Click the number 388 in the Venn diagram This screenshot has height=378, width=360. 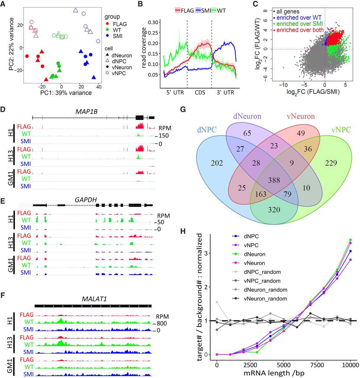[x=274, y=180]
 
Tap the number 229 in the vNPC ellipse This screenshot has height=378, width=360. [x=331, y=163]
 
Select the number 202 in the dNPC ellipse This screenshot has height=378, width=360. [x=217, y=163]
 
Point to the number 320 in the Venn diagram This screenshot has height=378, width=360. [x=274, y=210]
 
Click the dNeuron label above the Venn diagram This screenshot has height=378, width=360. [x=247, y=116]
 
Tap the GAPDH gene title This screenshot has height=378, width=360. [x=86, y=200]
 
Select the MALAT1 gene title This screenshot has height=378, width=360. [x=94, y=299]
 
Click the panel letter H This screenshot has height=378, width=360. [x=183, y=231]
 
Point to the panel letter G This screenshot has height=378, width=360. [x=183, y=110]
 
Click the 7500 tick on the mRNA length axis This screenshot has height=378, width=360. [x=317, y=365]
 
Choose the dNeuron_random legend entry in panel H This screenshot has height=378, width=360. [x=265, y=290]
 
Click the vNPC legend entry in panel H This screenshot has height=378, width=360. [x=251, y=245]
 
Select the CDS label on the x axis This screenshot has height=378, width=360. [x=200, y=92]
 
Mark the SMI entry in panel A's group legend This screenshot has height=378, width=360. [x=118, y=36]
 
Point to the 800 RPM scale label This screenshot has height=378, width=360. [x=162, y=323]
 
